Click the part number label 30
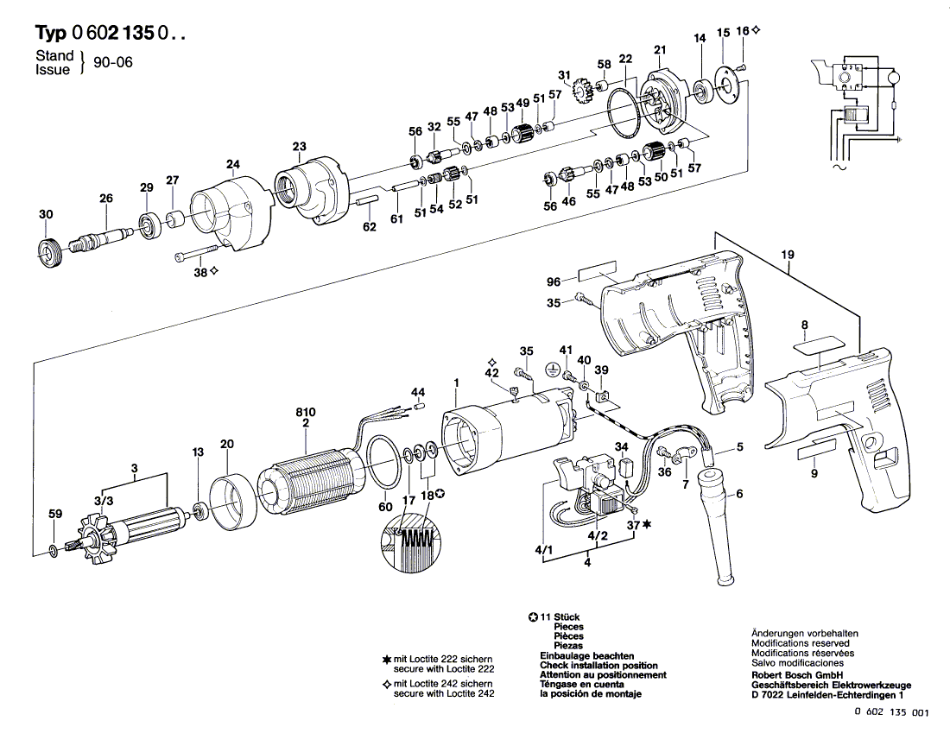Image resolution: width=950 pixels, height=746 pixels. point(46,214)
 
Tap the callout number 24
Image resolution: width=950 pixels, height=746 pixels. point(233,164)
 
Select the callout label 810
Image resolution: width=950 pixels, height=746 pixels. point(306,411)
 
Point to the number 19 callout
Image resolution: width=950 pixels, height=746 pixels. point(787,255)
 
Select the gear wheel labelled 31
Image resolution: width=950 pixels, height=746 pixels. point(586,89)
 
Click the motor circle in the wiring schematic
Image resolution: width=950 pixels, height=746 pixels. point(895,78)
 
